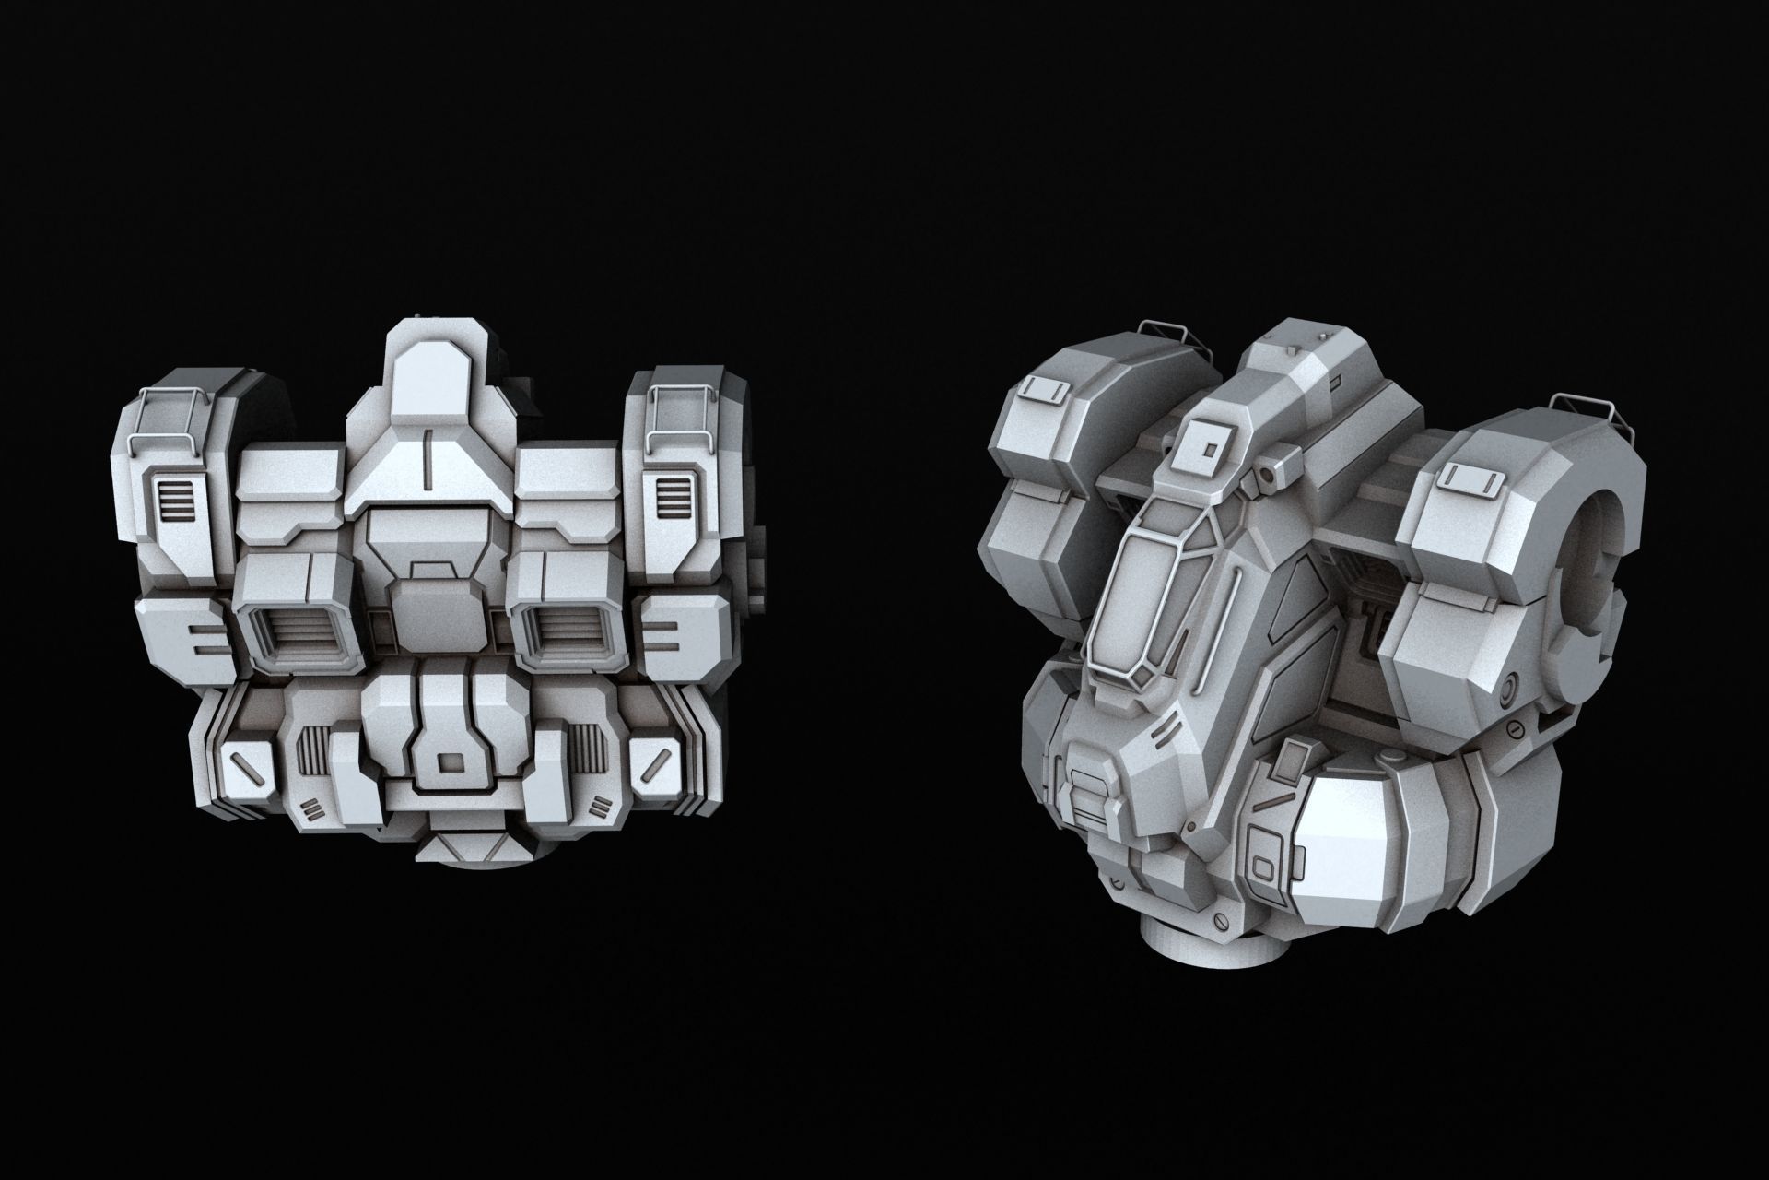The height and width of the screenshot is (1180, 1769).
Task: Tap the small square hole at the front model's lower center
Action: click(x=450, y=763)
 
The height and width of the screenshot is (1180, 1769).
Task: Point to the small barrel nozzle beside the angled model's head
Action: click(x=1271, y=474)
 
